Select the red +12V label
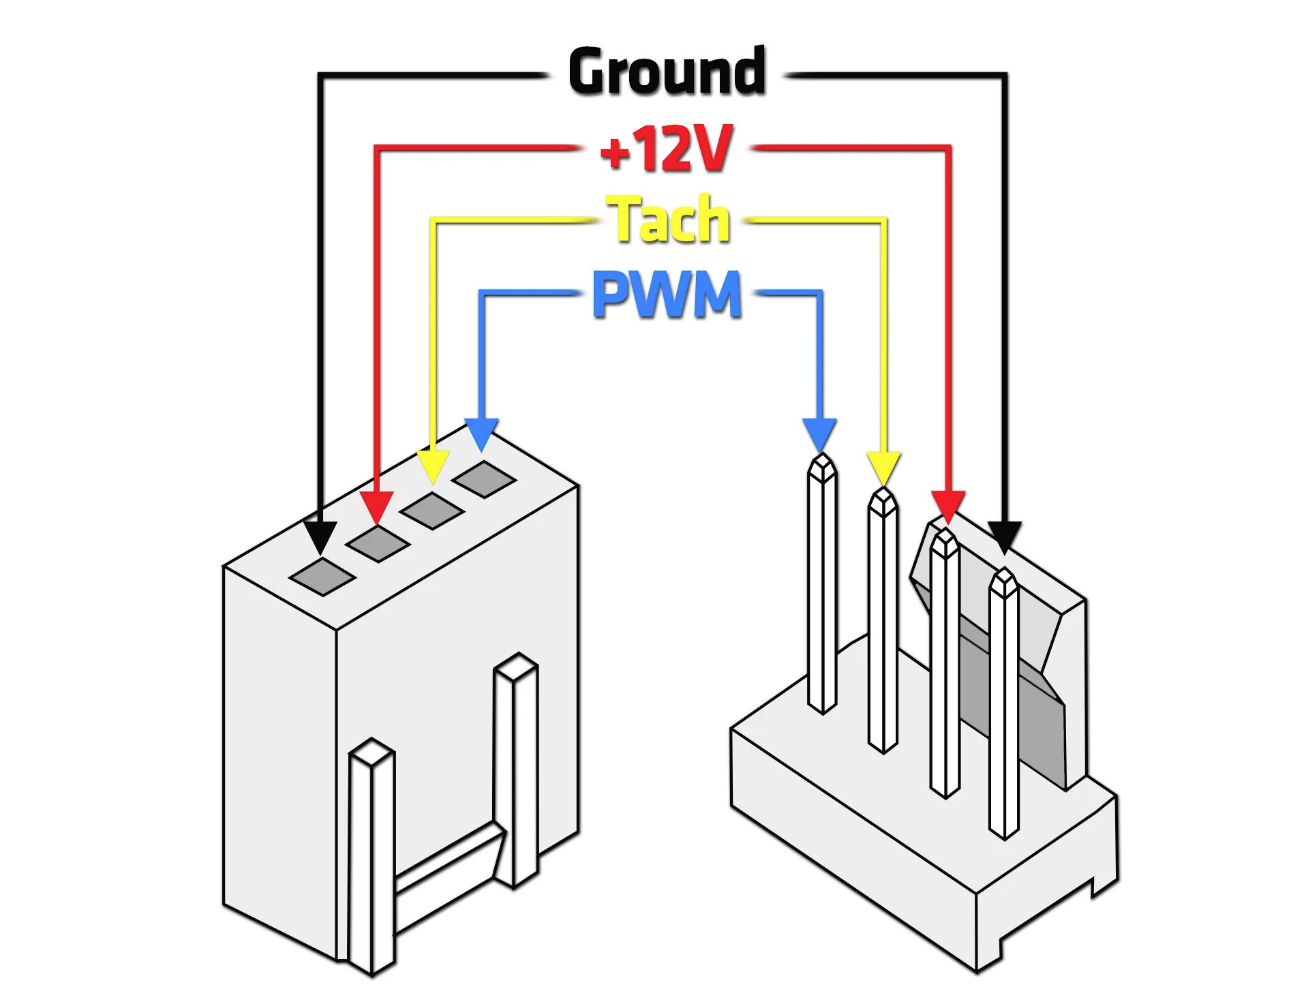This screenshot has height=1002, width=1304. [666, 148]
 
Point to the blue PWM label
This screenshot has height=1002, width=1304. [666, 294]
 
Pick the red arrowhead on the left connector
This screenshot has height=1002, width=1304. [376, 508]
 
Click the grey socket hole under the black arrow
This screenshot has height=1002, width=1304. [322, 577]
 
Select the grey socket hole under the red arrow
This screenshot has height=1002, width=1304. [378, 543]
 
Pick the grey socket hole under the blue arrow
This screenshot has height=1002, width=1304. [485, 479]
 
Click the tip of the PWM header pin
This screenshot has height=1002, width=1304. [822, 455]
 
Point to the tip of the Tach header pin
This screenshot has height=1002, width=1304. [883, 489]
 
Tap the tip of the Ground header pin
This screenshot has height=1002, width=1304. [1005, 569]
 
